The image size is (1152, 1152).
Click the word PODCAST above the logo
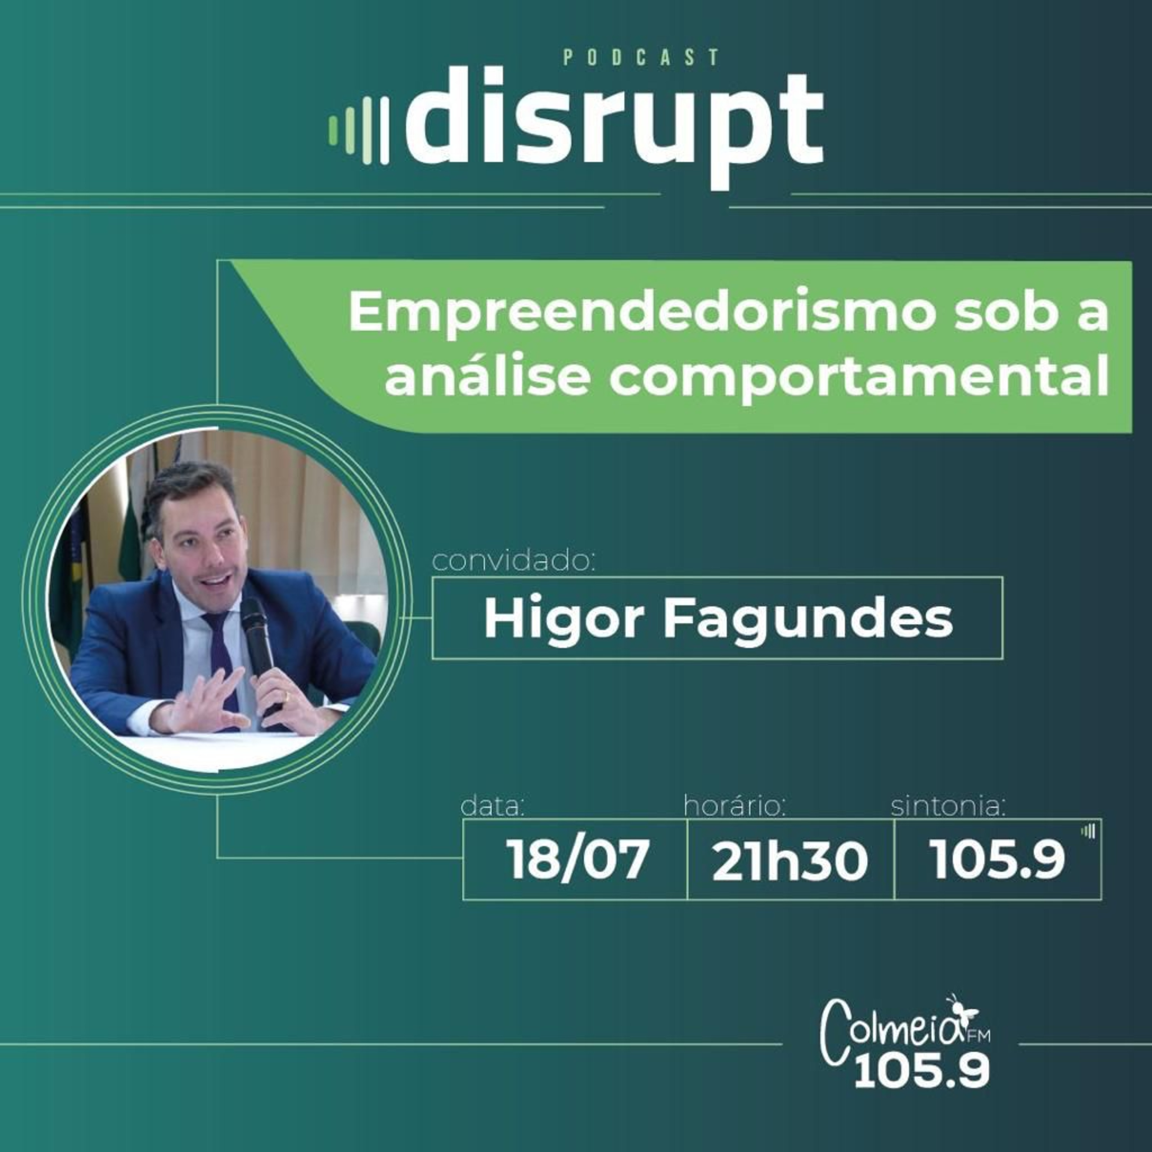(641, 57)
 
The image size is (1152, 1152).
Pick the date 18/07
(577, 861)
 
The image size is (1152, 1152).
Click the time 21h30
(790, 862)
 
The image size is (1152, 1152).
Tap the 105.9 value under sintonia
(997, 861)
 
